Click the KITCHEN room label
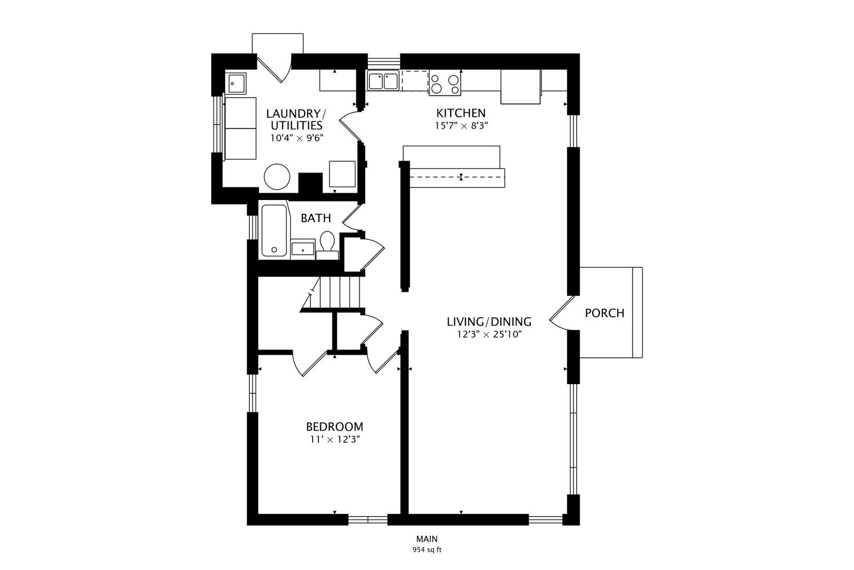[461, 113]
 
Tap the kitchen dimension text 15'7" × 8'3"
[461, 126]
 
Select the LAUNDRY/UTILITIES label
[296, 119]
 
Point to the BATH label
[316, 218]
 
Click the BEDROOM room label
[334, 426]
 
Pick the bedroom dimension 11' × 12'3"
[335, 440]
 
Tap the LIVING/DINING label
[489, 321]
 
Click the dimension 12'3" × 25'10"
[489, 335]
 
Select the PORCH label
[605, 313]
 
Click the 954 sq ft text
[427, 550]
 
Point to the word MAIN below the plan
[427, 539]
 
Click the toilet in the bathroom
[327, 245]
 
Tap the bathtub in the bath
[274, 230]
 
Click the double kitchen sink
[383, 81]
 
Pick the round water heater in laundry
[277, 177]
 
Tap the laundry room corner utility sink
[236, 83]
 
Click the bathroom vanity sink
[303, 249]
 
